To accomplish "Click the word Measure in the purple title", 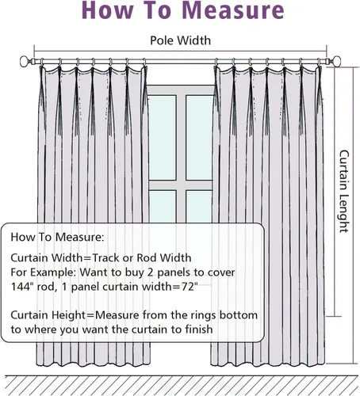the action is pyautogui.click(x=233, y=10).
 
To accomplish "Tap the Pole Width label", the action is pyautogui.click(x=181, y=40).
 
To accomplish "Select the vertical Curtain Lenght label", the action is pyautogui.click(x=344, y=192).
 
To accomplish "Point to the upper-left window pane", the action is pyautogui.click(x=163, y=138).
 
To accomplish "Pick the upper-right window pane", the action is pyautogui.click(x=199, y=138).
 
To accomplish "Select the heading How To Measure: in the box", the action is pyautogui.click(x=57, y=237).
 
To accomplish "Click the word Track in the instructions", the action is pyautogui.click(x=105, y=257).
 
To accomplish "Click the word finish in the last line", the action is pyautogui.click(x=199, y=329).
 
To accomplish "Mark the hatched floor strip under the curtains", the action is pyautogui.click(x=180, y=386).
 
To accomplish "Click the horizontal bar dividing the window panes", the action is pyautogui.click(x=181, y=185).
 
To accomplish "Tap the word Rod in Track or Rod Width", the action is pyautogui.click(x=147, y=257).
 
